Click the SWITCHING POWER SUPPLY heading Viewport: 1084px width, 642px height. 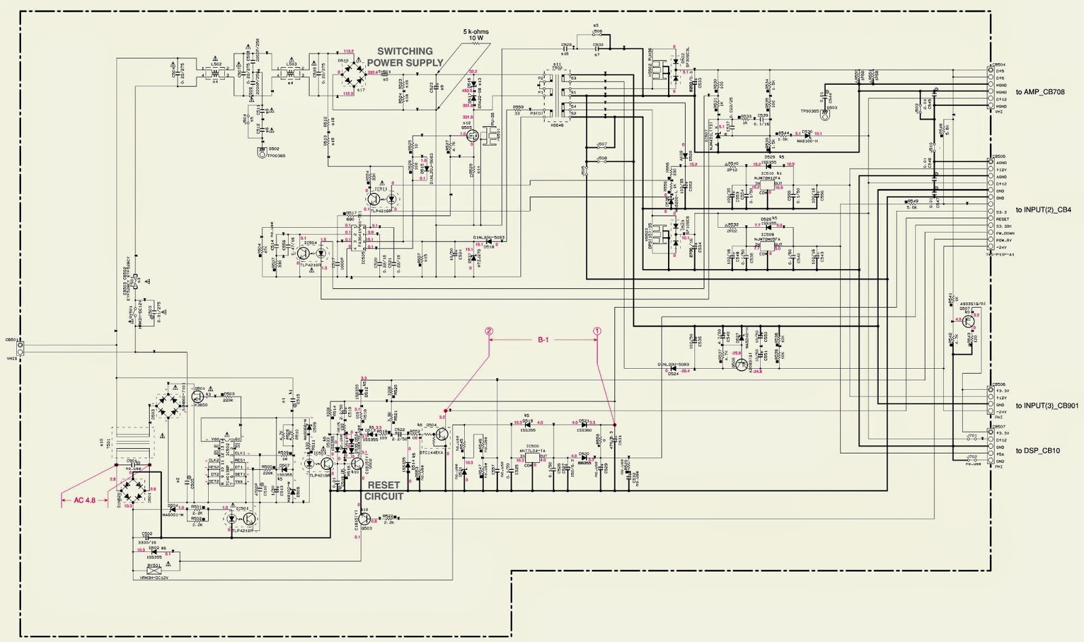coord(405,56)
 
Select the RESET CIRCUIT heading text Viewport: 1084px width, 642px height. coord(385,491)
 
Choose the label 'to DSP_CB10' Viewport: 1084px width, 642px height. coord(1039,451)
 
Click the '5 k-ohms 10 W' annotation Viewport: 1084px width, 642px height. coord(476,35)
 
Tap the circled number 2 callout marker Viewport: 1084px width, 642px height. coord(489,332)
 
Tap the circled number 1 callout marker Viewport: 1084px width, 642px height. coord(597,332)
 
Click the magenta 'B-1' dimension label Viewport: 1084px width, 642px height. coord(543,340)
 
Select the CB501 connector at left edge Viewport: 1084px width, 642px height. coord(20,349)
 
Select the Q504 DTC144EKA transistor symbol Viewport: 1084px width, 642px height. coord(442,434)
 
